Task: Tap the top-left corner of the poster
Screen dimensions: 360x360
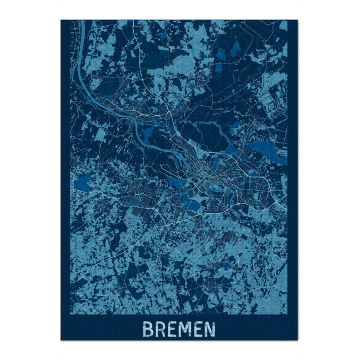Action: point(61,20)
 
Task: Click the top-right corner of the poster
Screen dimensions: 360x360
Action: point(298,20)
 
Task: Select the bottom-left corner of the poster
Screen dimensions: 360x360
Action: point(61,340)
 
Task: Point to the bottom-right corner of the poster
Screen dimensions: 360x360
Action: point(298,340)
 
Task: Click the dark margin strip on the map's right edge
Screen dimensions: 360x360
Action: point(293,180)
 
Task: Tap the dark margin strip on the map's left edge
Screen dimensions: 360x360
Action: point(65,180)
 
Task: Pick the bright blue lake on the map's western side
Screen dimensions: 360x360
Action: point(83,179)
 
